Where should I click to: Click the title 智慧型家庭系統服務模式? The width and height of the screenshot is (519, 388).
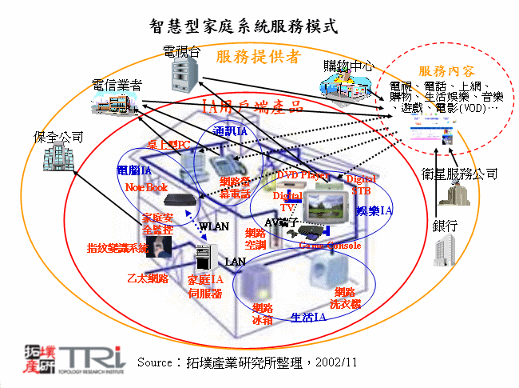244,26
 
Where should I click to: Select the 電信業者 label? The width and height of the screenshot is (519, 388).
117,83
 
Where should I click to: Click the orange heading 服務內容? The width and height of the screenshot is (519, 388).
442,71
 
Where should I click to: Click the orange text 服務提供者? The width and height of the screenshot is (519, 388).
257,57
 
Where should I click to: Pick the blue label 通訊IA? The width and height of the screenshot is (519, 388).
230,130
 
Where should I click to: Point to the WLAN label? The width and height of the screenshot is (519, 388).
214,226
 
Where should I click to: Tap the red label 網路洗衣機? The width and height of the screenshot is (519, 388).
346,298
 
